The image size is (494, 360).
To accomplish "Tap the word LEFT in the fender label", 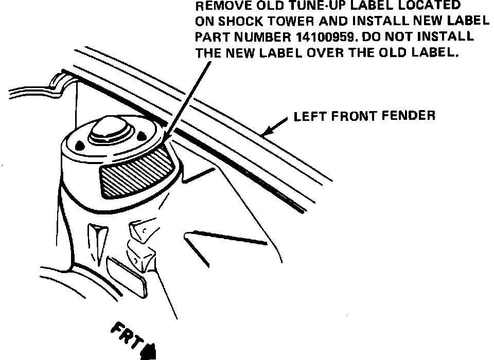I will pyautogui.click(x=307, y=116).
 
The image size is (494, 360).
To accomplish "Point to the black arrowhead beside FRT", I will pyautogui.click(x=150, y=351).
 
